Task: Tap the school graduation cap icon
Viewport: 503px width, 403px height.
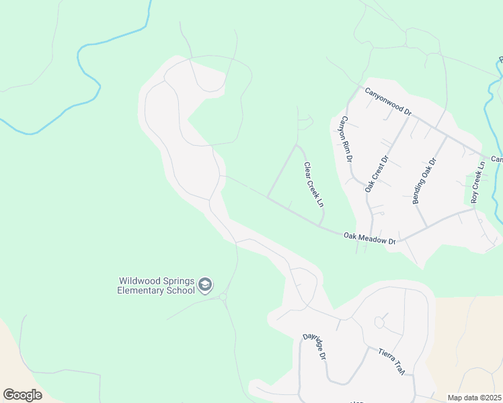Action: pos(205,286)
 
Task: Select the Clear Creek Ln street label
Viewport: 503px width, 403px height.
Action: pos(314,184)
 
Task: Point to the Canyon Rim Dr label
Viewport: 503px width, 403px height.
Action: pos(346,139)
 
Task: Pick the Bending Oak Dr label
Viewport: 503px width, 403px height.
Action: pos(424,180)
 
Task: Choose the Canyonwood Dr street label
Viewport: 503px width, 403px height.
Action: pos(387,101)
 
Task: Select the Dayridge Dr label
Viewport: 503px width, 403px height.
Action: pos(314,347)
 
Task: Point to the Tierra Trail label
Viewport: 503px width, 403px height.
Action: pos(393,360)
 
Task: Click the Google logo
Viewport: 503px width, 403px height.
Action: pos(23,394)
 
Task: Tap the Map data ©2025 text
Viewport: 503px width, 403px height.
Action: pos(474,398)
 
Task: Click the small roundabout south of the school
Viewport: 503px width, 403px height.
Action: pos(223,296)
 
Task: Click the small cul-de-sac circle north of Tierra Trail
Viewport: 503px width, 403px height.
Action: pos(379,322)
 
